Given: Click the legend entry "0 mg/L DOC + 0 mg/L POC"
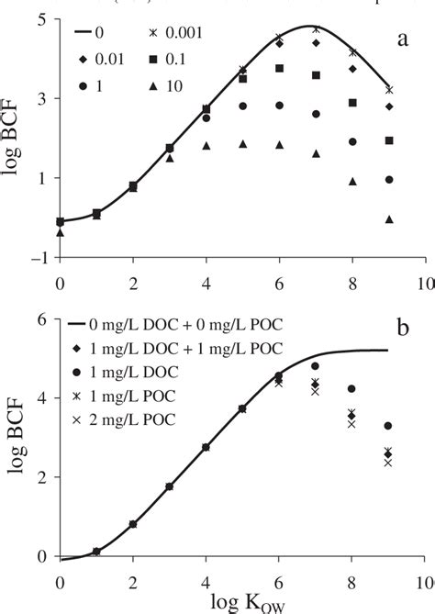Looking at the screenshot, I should click(x=165, y=323).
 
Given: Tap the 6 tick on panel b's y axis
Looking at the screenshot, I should click(x=48, y=320).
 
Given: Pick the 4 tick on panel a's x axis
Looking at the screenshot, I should click(x=206, y=280).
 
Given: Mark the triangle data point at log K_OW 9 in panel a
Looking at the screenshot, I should click(x=389, y=219).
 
